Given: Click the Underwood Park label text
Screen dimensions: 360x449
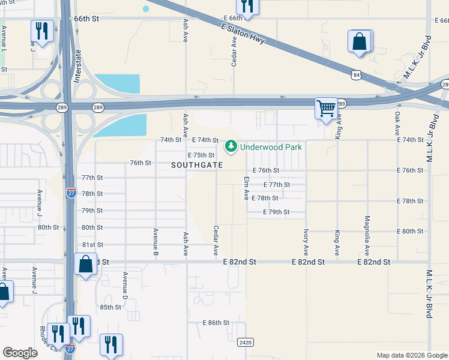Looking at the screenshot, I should click(x=271, y=146).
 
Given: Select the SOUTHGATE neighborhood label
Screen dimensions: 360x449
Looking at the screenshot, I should click(x=197, y=165).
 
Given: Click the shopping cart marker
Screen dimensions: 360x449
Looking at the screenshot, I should click(x=326, y=109).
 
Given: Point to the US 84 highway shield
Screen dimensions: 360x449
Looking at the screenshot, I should click(x=357, y=75).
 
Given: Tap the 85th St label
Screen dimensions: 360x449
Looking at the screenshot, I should click(x=110, y=307).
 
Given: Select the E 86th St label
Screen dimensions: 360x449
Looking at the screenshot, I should click(x=215, y=323).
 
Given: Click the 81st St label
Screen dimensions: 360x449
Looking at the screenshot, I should click(x=92, y=245).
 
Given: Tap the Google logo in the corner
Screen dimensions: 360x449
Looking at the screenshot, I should click(x=20, y=353).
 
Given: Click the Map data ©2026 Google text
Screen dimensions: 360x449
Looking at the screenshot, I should click(x=412, y=355).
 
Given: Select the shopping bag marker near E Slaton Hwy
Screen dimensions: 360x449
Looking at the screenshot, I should click(x=360, y=42).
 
